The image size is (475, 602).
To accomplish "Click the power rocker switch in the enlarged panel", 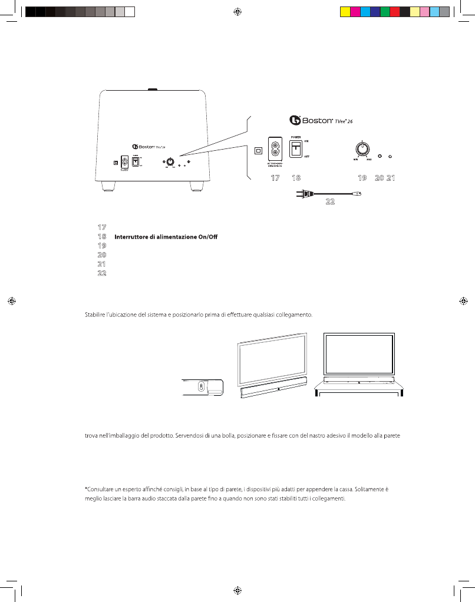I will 296,150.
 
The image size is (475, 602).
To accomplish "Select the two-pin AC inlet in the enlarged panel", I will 275,149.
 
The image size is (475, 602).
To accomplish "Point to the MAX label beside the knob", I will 369,159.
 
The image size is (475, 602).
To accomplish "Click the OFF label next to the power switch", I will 306,157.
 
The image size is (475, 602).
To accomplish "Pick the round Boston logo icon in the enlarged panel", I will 295,120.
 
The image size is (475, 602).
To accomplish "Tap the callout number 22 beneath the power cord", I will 330,201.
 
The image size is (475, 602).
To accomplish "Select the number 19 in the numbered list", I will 101,245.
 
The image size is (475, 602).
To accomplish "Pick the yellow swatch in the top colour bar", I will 346,11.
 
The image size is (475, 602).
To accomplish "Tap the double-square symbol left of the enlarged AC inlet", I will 258,150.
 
